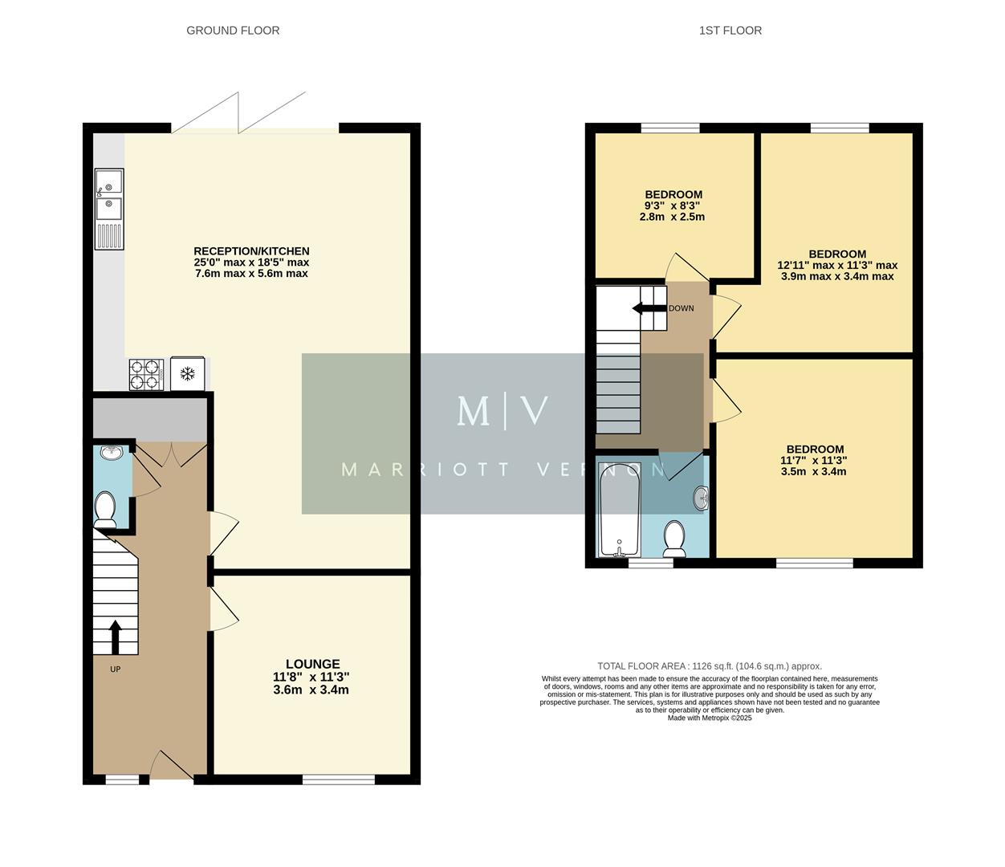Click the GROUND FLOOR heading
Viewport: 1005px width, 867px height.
point(233,31)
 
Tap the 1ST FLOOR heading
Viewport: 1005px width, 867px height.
point(730,31)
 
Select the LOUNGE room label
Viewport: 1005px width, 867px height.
point(312,664)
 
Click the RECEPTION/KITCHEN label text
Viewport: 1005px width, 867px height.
point(251,251)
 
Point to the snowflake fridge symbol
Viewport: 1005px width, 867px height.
point(188,373)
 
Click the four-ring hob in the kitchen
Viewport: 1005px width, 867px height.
point(146,374)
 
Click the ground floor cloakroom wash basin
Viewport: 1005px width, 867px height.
point(110,453)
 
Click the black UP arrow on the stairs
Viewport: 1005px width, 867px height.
point(115,637)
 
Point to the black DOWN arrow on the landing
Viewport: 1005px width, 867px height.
point(649,308)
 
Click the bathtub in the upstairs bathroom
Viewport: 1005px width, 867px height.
point(619,510)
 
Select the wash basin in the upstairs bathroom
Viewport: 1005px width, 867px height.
point(702,499)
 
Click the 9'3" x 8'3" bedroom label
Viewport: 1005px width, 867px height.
point(673,206)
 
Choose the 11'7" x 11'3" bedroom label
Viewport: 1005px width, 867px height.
point(814,461)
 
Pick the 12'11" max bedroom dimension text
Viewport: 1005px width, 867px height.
point(836,265)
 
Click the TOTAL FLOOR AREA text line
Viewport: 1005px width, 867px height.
point(710,666)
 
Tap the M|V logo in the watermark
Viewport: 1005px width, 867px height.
point(502,411)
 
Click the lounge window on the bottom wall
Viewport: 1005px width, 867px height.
point(338,779)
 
